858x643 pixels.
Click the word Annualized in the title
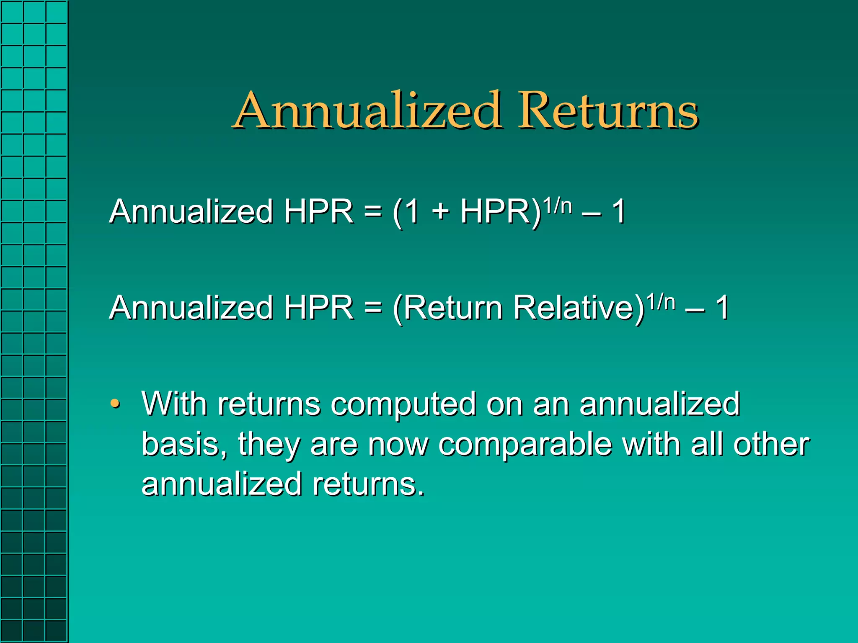(x=367, y=111)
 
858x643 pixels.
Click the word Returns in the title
(x=608, y=111)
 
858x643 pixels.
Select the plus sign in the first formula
(x=440, y=212)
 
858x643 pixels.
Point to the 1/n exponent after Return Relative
(x=661, y=302)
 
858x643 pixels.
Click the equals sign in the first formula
(x=373, y=212)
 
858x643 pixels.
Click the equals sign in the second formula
(x=373, y=308)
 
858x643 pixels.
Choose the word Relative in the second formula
(x=578, y=308)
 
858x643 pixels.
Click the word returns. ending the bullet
(x=369, y=485)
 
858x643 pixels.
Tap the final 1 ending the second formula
(x=722, y=308)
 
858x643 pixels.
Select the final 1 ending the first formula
(x=619, y=212)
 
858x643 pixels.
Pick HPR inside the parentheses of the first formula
(x=495, y=212)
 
